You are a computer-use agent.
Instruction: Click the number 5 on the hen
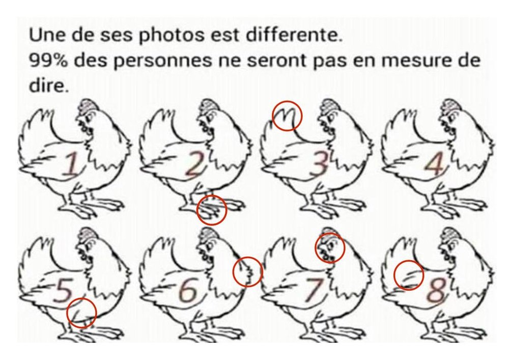(x=63, y=290)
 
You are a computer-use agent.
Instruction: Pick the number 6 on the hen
(x=189, y=291)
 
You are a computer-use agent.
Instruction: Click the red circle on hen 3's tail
(x=287, y=116)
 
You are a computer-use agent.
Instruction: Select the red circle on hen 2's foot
(x=211, y=210)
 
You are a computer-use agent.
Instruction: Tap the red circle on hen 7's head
(x=330, y=247)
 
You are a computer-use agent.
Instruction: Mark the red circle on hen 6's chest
(x=248, y=271)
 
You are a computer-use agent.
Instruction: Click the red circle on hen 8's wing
(x=409, y=275)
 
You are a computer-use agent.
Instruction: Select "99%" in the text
(x=50, y=61)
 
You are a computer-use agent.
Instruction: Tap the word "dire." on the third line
(x=48, y=85)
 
